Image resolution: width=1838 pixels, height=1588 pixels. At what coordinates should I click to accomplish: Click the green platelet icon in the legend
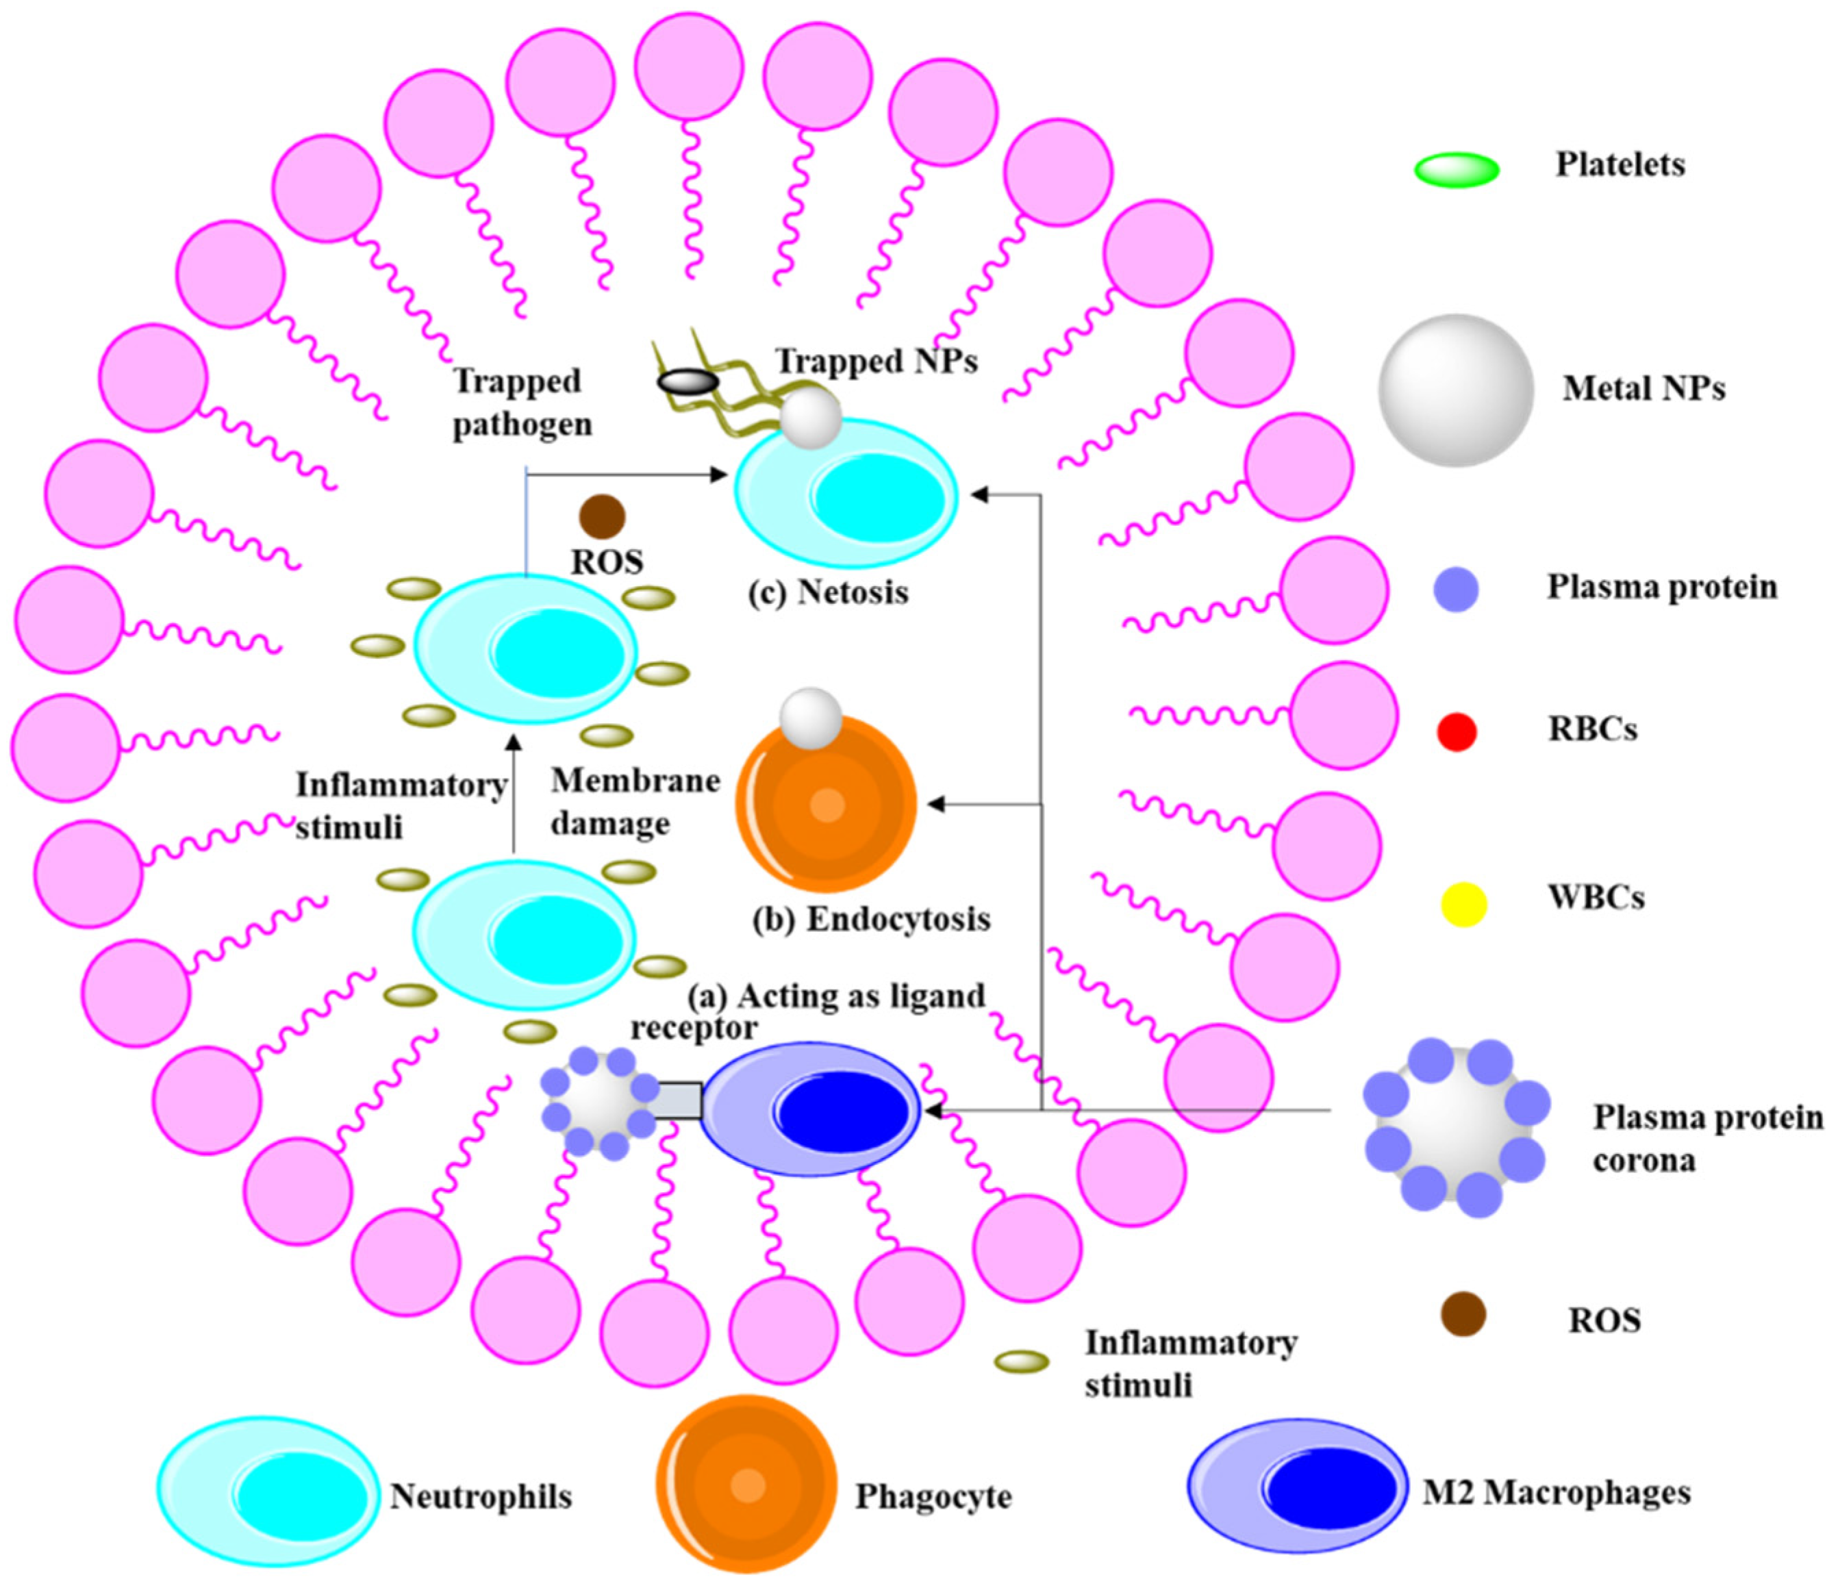[x=1456, y=169]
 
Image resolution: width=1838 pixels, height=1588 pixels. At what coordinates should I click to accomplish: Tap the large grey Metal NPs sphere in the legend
[x=1456, y=390]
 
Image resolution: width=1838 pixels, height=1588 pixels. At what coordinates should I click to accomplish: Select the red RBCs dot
[x=1456, y=731]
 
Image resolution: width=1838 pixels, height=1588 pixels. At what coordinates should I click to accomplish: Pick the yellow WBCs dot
[x=1463, y=905]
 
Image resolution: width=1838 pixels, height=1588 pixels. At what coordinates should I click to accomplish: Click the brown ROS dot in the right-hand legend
[x=1463, y=1314]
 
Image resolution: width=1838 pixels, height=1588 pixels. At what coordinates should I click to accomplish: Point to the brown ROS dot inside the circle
[x=601, y=516]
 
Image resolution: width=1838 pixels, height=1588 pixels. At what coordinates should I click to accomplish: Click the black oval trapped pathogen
[x=688, y=382]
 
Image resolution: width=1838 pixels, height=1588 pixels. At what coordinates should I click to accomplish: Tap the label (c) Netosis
[x=829, y=592]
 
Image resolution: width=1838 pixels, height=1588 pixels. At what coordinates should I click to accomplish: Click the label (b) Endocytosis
[x=871, y=919]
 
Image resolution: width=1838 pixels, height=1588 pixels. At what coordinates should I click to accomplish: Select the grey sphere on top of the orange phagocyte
[x=810, y=717]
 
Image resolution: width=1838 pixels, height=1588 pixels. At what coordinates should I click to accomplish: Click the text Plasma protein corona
[x=1707, y=1138]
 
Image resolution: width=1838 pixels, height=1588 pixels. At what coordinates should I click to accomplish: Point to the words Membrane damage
[x=634, y=802]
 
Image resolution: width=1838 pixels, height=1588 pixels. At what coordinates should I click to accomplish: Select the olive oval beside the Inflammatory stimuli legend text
[x=1021, y=1362]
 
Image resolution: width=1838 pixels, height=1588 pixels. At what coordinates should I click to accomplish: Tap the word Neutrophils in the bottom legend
[x=481, y=1497]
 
